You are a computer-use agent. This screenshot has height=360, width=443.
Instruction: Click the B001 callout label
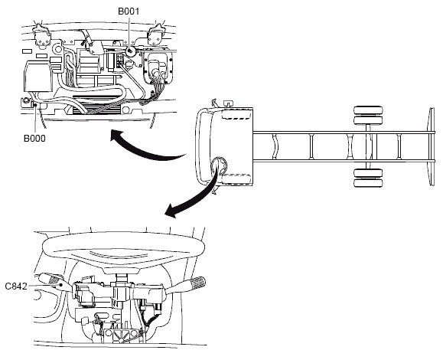point(129,11)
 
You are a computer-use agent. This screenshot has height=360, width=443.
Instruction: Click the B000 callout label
point(34,139)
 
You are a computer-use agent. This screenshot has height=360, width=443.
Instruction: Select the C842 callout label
point(16,286)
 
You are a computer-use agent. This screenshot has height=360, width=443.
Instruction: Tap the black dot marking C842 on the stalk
point(60,285)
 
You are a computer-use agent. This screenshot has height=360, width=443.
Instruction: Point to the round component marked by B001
point(130,51)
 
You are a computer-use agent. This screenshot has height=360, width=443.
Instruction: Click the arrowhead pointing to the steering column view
point(171,211)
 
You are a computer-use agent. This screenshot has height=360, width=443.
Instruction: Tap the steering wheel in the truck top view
point(219,166)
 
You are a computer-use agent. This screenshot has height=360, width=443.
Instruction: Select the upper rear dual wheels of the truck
point(368,116)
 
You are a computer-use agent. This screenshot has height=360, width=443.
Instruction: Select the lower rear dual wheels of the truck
point(368,178)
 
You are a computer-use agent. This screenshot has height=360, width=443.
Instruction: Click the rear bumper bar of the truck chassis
point(432,146)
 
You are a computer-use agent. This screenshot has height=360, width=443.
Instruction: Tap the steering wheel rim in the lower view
point(124,247)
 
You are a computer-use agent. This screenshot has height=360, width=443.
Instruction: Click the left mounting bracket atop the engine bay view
point(41,34)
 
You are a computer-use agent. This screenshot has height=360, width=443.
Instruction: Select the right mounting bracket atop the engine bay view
point(155,34)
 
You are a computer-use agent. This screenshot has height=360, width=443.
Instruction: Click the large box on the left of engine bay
point(37,76)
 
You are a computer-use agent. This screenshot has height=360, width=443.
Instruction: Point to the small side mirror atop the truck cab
point(228,103)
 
